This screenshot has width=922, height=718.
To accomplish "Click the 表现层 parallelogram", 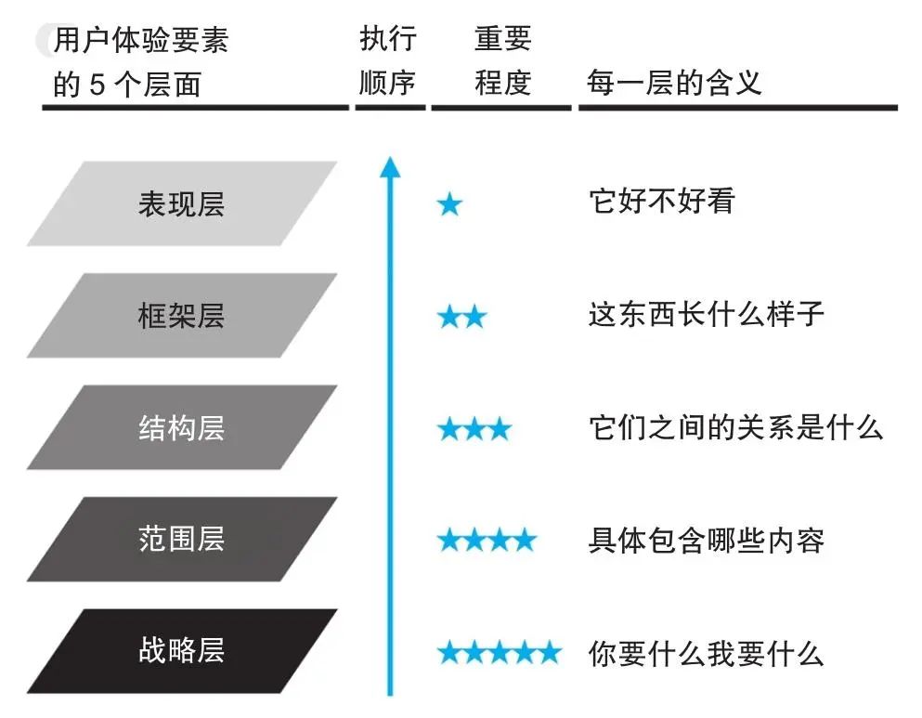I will [182, 203].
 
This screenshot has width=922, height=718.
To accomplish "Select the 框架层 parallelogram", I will [182, 316].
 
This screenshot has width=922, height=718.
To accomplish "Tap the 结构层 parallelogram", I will [182, 427].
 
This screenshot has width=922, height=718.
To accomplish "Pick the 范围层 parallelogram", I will [182, 539].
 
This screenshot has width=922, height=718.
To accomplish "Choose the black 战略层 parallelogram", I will [182, 650].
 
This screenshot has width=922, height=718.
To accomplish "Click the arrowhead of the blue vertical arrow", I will [390, 167].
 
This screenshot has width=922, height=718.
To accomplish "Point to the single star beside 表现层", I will [449, 204].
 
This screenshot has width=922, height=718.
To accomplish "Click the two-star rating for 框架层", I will [461, 318].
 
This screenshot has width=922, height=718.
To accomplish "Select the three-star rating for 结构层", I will [474, 429].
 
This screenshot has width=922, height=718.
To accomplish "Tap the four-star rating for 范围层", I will [487, 540].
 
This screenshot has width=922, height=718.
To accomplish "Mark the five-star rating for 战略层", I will [500, 652].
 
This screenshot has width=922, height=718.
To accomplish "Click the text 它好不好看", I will [661, 201].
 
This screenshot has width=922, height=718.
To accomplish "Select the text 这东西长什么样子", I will [706, 314].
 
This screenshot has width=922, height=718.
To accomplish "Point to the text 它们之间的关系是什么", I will [735, 426].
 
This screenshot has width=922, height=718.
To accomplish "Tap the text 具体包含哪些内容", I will [706, 540].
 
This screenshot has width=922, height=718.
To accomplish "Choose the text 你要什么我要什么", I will [706, 653].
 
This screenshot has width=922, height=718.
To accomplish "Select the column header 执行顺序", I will [388, 61].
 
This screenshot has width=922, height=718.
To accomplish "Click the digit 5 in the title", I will [97, 85].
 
